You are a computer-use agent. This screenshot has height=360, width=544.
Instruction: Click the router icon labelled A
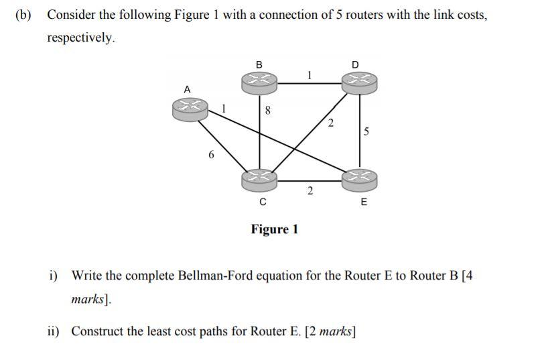[190, 108]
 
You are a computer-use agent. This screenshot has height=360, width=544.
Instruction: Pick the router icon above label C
[259, 179]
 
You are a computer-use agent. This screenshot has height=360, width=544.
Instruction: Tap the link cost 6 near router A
[212, 155]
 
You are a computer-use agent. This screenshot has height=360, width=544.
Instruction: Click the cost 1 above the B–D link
[308, 74]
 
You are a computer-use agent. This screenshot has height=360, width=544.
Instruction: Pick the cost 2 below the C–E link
[310, 192]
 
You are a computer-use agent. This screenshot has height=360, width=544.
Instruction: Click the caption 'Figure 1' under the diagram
[275, 230]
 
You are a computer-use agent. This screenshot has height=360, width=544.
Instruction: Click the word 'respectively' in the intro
[80, 38]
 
